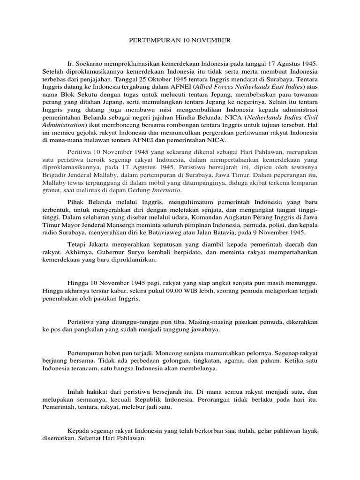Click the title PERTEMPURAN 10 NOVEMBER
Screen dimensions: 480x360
tap(180, 41)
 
